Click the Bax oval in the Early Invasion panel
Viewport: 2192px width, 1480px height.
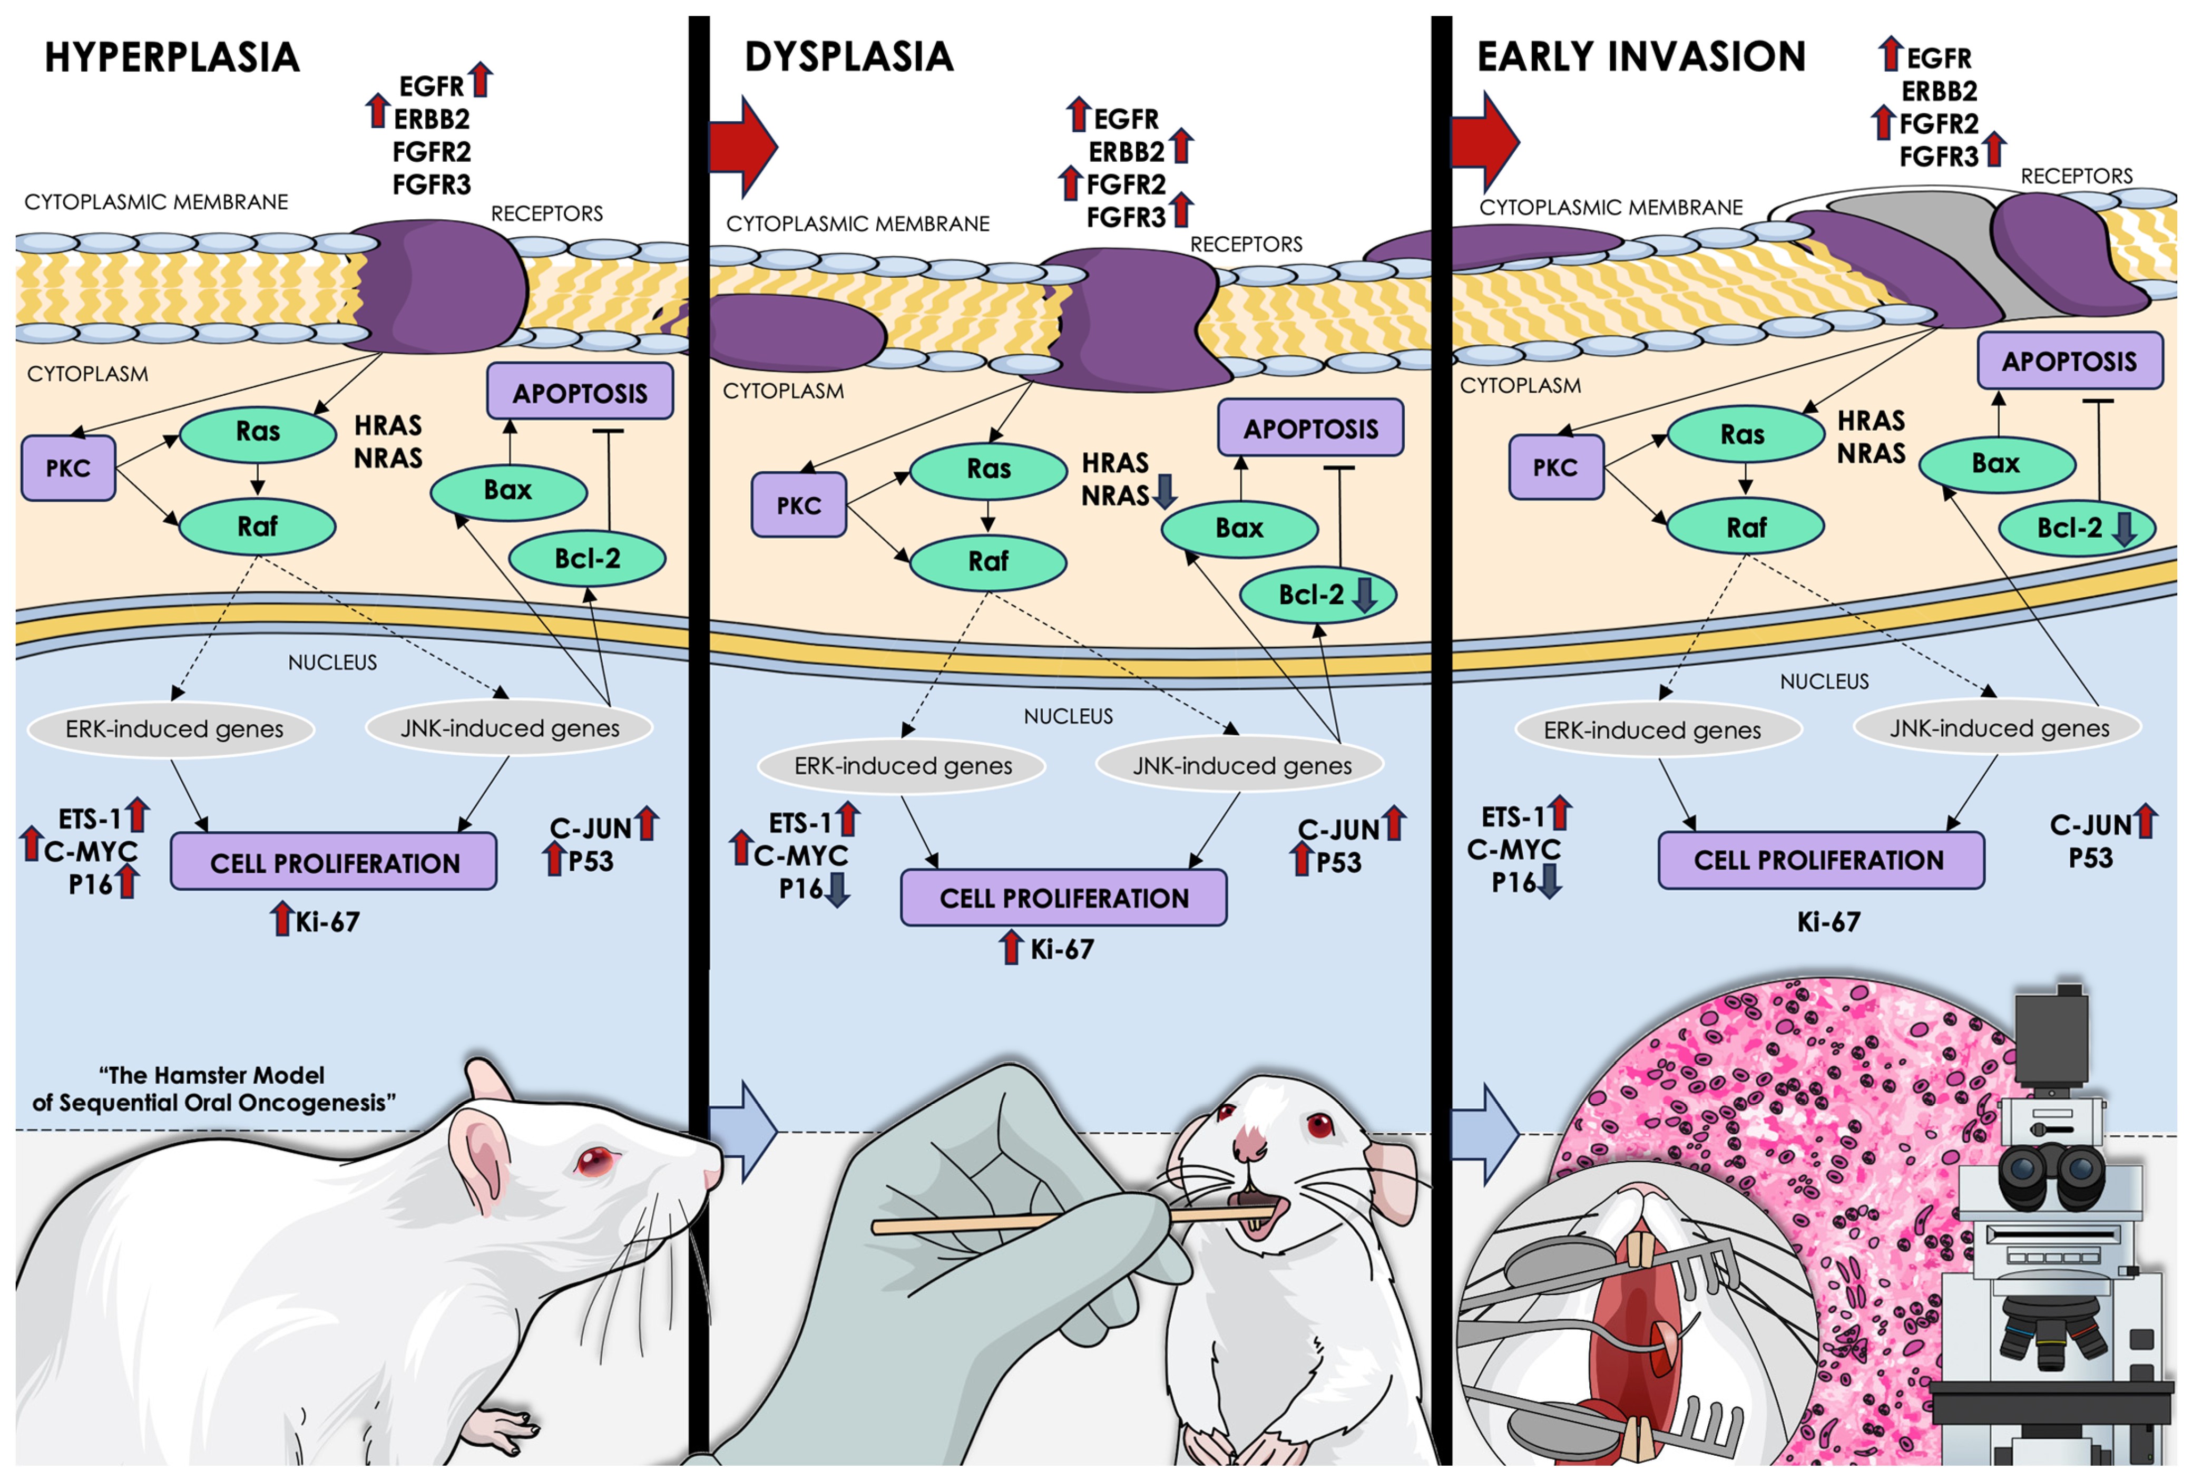point(1996,463)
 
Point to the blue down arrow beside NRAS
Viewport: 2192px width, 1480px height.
point(1166,491)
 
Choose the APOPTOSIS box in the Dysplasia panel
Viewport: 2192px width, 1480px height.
point(1310,429)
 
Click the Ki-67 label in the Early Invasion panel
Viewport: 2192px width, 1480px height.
point(1828,922)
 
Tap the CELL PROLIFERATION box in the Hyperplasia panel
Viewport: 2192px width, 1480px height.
point(334,862)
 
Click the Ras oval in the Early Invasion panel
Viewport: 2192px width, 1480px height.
point(1742,435)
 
